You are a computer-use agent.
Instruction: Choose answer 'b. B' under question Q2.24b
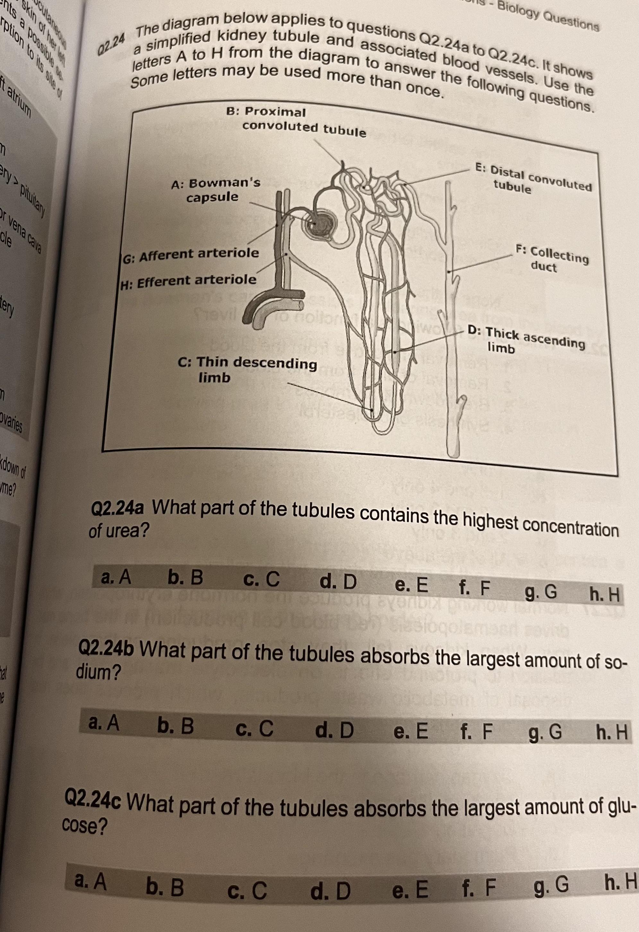coord(176,726)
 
